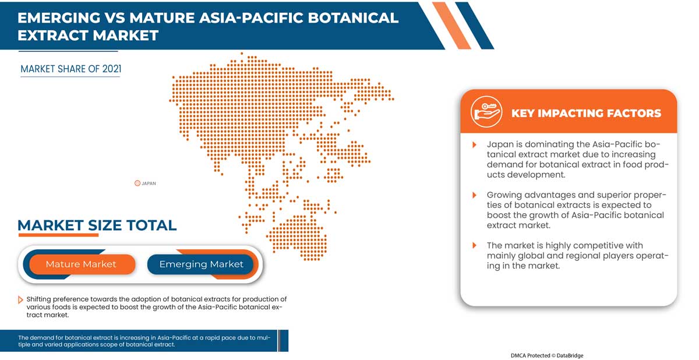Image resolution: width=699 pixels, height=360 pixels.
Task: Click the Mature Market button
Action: click(81, 264)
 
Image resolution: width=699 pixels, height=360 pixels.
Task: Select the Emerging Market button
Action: click(201, 264)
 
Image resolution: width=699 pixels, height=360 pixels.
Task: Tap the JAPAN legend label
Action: click(149, 183)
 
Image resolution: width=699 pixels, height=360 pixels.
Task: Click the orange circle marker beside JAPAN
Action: click(137, 183)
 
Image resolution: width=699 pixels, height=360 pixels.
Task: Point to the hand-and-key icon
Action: click(486, 112)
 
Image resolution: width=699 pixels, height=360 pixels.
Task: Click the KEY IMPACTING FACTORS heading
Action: click(586, 113)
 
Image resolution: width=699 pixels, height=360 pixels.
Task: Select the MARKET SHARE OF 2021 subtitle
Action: click(70, 69)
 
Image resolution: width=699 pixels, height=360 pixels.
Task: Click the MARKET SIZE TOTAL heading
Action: click(97, 225)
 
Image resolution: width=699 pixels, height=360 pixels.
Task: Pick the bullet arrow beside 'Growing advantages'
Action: click(474, 195)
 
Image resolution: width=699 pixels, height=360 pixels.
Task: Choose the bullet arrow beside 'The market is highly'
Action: click(474, 246)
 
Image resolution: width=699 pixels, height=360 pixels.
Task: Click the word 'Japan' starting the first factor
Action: click(499, 144)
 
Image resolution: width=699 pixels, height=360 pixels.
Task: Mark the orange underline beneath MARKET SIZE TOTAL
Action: click(58, 235)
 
